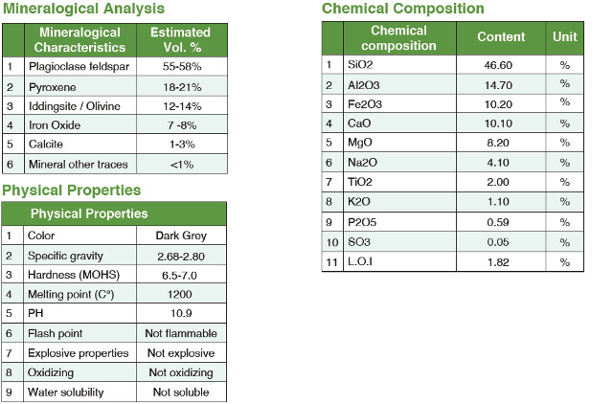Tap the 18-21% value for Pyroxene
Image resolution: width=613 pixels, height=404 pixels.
point(180,86)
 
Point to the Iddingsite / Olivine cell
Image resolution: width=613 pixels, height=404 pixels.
point(75,105)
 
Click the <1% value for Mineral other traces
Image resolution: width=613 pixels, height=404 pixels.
point(180,164)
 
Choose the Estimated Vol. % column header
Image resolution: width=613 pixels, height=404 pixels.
point(180,39)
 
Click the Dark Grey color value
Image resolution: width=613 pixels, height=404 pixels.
point(181,236)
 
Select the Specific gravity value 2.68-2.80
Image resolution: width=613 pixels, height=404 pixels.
point(181,256)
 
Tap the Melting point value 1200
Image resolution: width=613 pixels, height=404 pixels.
point(181,294)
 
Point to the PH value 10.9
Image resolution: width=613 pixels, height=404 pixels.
point(181,314)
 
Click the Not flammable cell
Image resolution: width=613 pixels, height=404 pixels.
point(181,333)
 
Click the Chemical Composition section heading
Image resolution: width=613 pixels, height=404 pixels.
point(402,9)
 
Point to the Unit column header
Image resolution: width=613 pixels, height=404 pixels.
point(564,37)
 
